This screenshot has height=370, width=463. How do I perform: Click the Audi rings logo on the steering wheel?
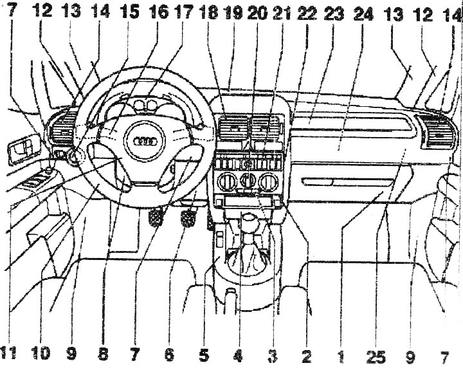coord(145,142)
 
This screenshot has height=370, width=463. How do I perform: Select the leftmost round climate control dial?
coord(227,181)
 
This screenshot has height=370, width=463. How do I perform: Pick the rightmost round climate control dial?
coord(268,181)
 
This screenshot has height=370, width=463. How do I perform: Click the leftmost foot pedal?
coord(156,217)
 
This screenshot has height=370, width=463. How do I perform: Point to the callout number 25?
coord(376,356)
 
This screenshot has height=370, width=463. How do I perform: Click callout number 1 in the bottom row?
coord(341,356)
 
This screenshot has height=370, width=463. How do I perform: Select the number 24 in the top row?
coord(364,13)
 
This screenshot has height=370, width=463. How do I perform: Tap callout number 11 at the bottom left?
coord(8,353)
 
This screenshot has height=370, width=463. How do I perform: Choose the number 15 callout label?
coord(129,12)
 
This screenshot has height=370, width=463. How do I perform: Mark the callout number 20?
coord(257,13)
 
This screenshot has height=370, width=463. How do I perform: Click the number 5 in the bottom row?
coord(204,355)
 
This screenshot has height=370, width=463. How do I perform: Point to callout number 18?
coord(208,12)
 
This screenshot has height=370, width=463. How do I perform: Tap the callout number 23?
coord(334,13)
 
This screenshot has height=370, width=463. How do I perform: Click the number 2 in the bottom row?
coord(307,356)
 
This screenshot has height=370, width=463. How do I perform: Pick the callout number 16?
coord(158,12)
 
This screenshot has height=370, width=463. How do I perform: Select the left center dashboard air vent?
coord(233,128)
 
